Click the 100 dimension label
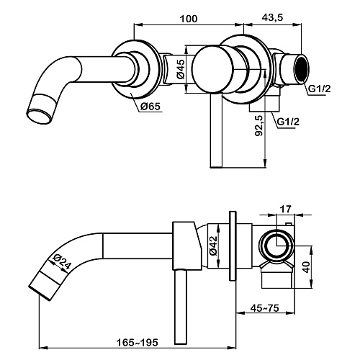click(x=189, y=19)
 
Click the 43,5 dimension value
click(x=272, y=17)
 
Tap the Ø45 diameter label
click(x=181, y=69)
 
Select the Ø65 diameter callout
click(x=150, y=106)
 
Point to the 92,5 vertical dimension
click(x=259, y=126)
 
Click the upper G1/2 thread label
click(x=320, y=89)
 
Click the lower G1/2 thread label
click(x=288, y=122)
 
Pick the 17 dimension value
click(x=286, y=209)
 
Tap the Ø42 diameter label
click(x=212, y=246)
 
